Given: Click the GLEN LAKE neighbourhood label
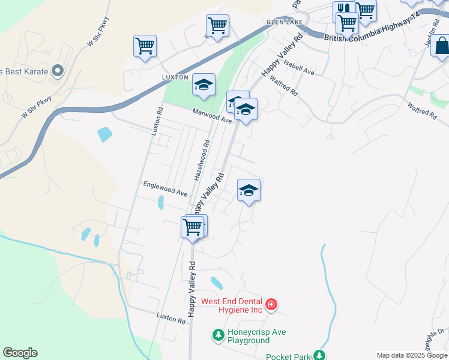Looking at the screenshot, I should point(285,22).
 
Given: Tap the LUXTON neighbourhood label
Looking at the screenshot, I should point(175,77).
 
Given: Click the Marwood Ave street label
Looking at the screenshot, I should point(212,115).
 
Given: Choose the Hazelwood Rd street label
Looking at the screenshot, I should point(202,160).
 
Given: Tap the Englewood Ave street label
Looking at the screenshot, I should point(165,189).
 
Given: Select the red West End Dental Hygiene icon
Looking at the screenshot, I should point(271,305).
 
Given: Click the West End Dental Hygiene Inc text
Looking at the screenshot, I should point(232,305).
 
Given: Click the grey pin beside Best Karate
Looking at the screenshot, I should point(58,71).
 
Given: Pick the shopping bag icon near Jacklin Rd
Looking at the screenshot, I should point(441,46).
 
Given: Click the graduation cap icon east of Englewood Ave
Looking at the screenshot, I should point(249,190).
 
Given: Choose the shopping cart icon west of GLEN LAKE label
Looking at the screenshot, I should point(217,25).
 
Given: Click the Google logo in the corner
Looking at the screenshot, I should point(20,353).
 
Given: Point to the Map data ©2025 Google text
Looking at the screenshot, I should point(412,355).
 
